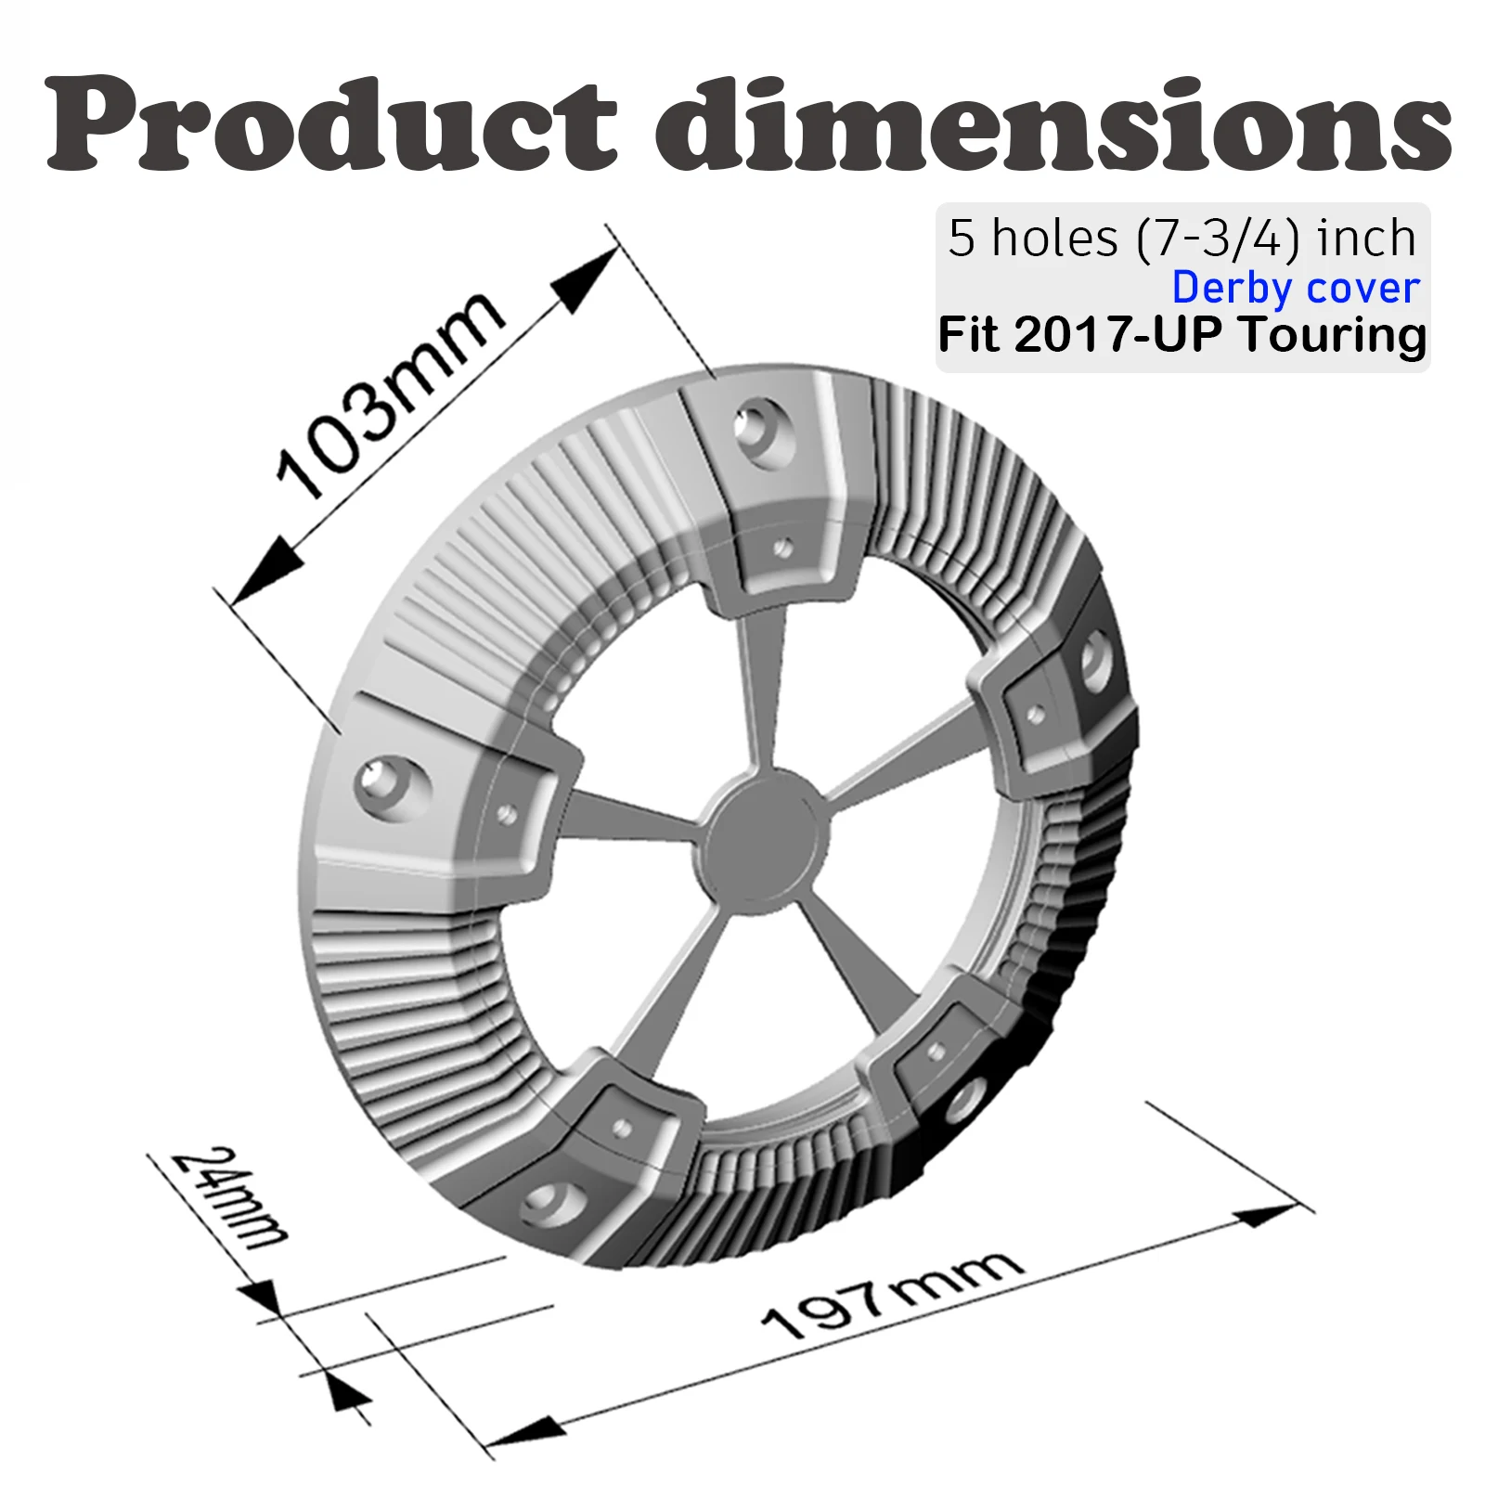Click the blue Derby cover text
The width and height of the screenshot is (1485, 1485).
1296,288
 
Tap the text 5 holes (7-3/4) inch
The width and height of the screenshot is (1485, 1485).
1182,239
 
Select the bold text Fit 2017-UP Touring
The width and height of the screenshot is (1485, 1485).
1182,334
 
